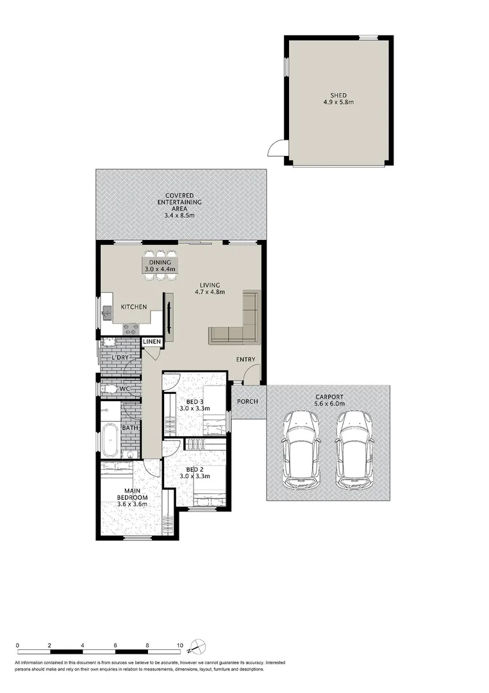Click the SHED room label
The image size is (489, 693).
click(x=339, y=96)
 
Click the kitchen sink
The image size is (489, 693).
click(x=108, y=312)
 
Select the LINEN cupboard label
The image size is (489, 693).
click(x=152, y=342)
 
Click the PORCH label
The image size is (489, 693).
click(x=247, y=402)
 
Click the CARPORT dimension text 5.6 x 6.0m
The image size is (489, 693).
click(x=329, y=404)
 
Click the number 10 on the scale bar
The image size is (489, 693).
click(x=180, y=646)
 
